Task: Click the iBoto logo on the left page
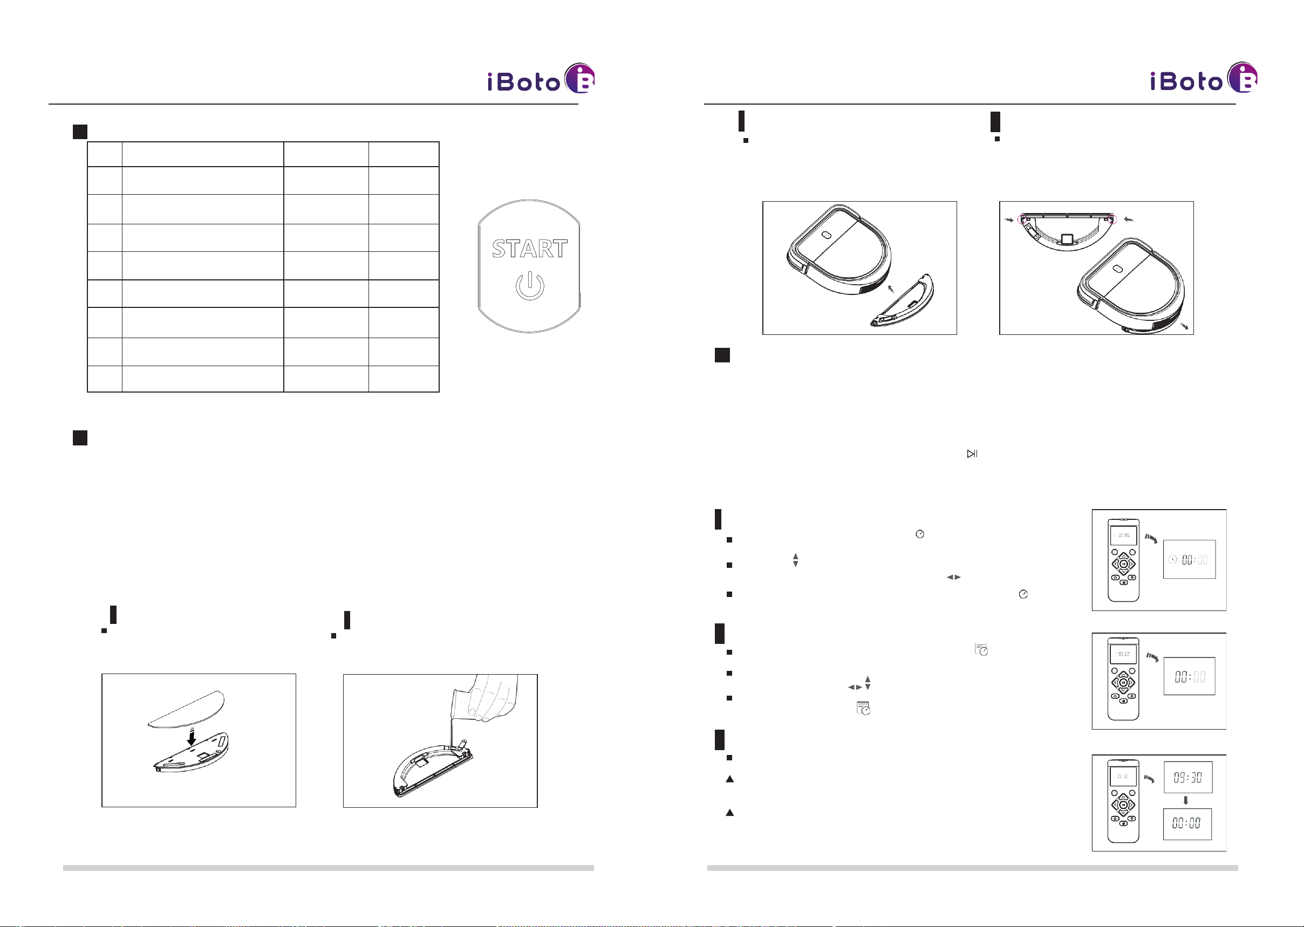tap(541, 78)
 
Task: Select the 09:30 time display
tap(1187, 778)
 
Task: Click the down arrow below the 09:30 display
tap(1186, 800)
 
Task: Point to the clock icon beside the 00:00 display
tap(1173, 559)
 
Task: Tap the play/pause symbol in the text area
tap(972, 454)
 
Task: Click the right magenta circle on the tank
tap(1110, 219)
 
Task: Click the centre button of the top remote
tap(1123, 564)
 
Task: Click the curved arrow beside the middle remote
tap(1153, 657)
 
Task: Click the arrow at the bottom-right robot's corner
tap(1185, 325)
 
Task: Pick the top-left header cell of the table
tap(105, 154)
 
